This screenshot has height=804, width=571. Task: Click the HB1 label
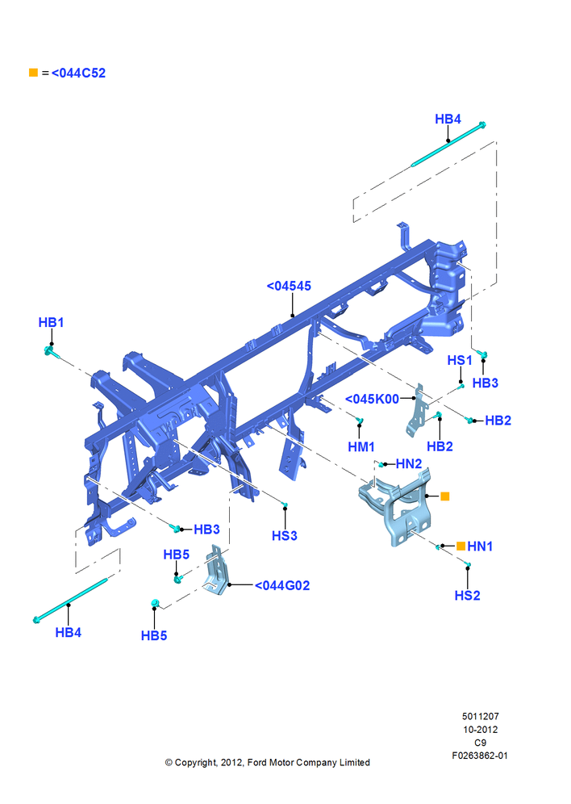(51, 323)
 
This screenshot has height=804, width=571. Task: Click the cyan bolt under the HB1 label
(51, 352)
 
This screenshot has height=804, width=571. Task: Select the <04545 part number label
(289, 286)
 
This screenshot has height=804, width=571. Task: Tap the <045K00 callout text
(372, 399)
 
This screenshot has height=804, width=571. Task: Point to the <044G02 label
(282, 585)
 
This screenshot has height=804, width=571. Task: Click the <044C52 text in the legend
(78, 73)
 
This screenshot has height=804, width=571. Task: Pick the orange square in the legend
(33, 73)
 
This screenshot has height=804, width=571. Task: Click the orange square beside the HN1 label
(461, 546)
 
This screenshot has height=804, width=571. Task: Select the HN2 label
(409, 464)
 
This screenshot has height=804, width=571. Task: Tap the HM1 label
(361, 447)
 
